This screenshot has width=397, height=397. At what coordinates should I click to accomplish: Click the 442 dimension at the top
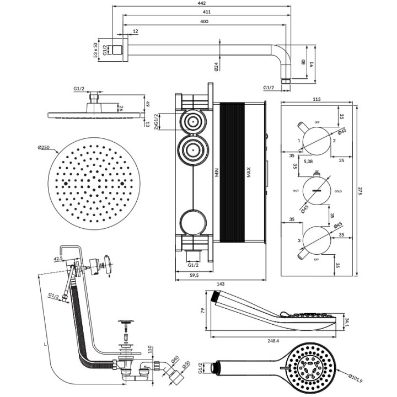202,4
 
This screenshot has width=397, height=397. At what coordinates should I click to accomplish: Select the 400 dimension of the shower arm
205,21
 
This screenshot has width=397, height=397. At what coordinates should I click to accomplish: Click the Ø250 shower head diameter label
45,147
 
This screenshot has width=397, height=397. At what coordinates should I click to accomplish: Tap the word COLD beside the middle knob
338,191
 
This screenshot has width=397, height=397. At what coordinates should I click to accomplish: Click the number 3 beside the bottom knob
299,241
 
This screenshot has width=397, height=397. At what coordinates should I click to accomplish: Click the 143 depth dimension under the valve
220,283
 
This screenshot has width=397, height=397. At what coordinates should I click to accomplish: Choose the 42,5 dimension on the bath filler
57,257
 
